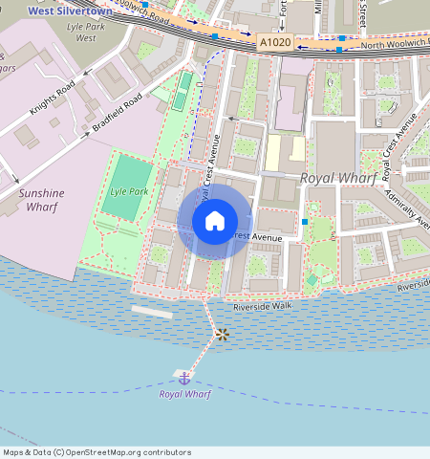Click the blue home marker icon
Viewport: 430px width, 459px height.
tap(215, 221)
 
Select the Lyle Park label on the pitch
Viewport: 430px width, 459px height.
tap(128, 191)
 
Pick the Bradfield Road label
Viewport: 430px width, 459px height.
tap(118, 112)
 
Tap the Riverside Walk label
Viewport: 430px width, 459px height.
tap(261, 307)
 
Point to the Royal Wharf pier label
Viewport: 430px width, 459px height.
tap(184, 394)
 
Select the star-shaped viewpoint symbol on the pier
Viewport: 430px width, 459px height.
tap(222, 334)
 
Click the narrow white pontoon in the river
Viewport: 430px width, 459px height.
tap(152, 312)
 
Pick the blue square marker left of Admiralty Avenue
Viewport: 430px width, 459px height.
tap(305, 222)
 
